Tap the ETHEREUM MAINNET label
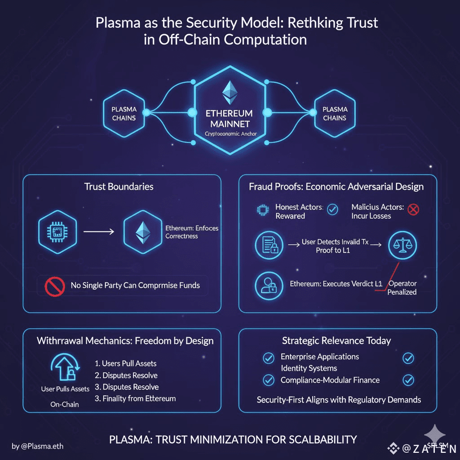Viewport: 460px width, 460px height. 229,118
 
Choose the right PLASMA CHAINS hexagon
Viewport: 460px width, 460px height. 335,113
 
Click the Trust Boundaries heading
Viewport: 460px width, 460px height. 119,186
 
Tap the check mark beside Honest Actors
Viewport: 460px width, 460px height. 333,209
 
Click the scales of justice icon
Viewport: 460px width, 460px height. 402,245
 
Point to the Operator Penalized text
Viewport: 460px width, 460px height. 402,288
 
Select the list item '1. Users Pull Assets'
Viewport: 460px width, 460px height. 126,363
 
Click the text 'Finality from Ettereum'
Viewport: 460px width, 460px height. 135,398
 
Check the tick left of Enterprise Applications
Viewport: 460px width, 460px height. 268,358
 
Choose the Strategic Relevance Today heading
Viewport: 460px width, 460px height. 337,341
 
